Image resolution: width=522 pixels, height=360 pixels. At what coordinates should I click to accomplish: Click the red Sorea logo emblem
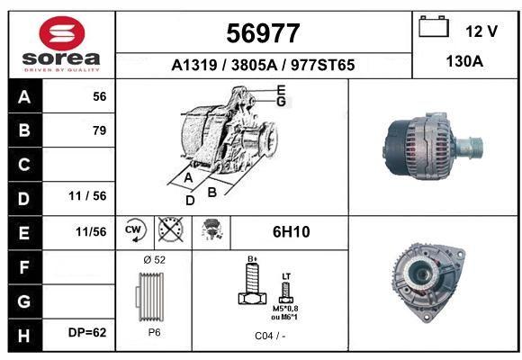62,33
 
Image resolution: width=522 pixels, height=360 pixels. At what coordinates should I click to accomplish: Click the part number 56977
263,33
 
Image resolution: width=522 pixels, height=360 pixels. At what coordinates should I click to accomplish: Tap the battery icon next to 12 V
434,26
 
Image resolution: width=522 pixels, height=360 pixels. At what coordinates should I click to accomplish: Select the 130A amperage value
464,61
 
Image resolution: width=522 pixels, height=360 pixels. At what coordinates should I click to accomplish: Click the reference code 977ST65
322,65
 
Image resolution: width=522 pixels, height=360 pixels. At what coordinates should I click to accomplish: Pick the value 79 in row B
100,130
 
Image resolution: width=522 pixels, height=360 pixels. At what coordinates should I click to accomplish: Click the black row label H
24,336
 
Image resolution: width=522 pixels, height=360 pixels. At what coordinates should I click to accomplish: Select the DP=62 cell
87,332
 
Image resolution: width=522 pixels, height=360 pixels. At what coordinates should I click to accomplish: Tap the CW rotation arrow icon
134,229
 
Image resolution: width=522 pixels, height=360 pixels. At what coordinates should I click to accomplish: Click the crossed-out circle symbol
170,229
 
